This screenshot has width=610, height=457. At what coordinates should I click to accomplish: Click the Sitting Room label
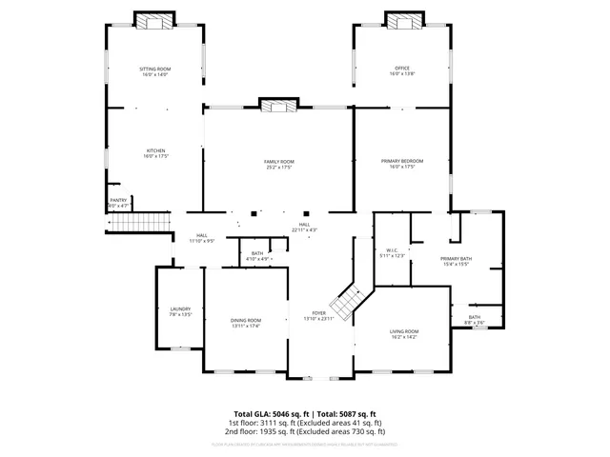pyautogui.click(x=155, y=71)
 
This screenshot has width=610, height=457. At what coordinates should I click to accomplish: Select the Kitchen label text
pyautogui.click(x=155, y=153)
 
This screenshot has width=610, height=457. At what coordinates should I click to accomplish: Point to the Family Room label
pyautogui.click(x=279, y=165)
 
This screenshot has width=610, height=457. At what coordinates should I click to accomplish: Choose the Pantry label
pyautogui.click(x=118, y=203)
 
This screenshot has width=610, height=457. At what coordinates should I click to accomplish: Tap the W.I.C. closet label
pyautogui.click(x=392, y=253)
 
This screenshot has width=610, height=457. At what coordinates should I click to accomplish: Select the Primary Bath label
pyautogui.click(x=456, y=262)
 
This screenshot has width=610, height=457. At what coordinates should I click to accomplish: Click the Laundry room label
pyautogui.click(x=181, y=311)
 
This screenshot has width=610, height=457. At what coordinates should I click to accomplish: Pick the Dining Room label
pyautogui.click(x=246, y=324)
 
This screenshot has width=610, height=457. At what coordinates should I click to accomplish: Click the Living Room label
pyautogui.click(x=405, y=333)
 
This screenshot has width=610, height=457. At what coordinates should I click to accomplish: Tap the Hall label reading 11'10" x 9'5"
pyautogui.click(x=202, y=238)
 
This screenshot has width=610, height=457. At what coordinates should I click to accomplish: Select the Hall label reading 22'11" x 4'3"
pyautogui.click(x=304, y=228)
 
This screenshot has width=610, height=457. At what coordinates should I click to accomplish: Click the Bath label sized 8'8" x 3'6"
pyautogui.click(x=475, y=320)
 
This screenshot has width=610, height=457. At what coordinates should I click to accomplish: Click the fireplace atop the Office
pyautogui.click(x=403, y=21)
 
